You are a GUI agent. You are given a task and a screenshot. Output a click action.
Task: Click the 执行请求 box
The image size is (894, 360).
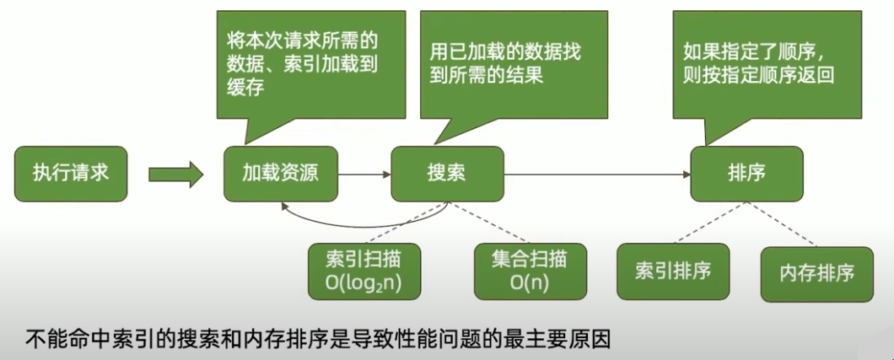[x=70, y=174]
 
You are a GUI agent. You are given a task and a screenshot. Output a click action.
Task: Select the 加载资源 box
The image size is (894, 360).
[x=280, y=174]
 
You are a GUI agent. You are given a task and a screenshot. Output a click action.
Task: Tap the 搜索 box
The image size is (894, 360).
[x=447, y=174]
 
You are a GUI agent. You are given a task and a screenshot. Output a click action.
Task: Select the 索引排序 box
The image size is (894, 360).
[x=672, y=271]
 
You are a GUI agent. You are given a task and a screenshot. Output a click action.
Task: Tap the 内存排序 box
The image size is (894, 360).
[x=816, y=274]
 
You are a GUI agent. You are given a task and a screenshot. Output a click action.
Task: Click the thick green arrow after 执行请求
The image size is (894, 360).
[x=175, y=174]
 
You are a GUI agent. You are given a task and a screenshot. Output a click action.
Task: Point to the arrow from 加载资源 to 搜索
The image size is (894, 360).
[x=364, y=175]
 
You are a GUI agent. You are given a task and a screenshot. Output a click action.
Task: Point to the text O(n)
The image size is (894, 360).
[x=530, y=284]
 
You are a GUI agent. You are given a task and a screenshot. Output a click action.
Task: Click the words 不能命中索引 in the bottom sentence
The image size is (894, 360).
[x=79, y=339]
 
